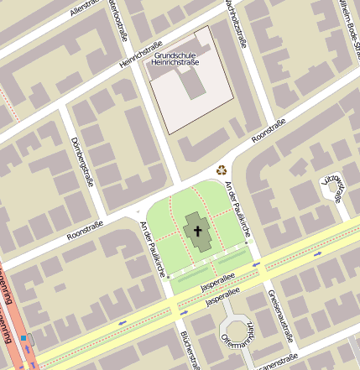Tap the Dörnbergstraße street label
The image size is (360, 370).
click(81, 159)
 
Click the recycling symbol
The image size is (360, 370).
click(222, 169)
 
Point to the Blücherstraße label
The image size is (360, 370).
click(189, 348)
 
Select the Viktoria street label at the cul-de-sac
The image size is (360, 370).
click(335, 189)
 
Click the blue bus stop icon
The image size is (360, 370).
click(24, 339)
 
